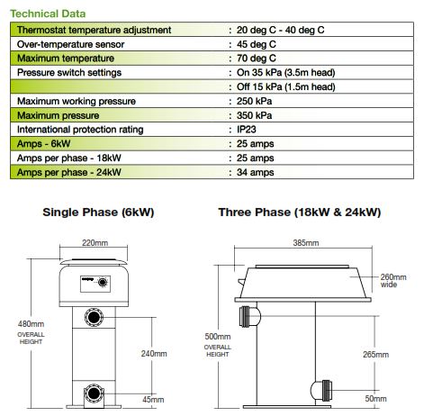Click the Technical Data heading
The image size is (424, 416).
click(x=48, y=14)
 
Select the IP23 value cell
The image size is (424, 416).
click(x=247, y=130)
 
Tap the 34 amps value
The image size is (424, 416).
click(x=255, y=172)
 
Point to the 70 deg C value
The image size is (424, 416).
click(x=256, y=59)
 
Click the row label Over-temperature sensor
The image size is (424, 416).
click(x=70, y=44)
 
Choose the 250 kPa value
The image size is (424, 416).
click(x=254, y=101)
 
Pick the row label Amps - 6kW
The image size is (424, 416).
click(x=44, y=144)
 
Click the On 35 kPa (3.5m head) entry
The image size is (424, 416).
click(x=285, y=73)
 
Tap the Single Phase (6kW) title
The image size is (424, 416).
click(x=98, y=213)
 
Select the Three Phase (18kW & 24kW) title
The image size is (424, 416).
click(x=300, y=213)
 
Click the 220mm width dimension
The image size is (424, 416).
click(x=95, y=242)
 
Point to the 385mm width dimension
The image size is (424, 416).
click(x=306, y=242)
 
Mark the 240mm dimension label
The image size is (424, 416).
click(x=154, y=354)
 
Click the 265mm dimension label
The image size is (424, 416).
click(x=375, y=355)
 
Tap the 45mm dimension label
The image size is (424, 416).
click(x=153, y=400)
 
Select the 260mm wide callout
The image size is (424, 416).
click(x=393, y=281)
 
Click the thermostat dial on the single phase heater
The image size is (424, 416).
click(x=103, y=283)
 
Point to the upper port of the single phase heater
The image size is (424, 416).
click(x=94, y=317)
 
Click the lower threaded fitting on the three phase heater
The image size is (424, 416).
click(x=321, y=391)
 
